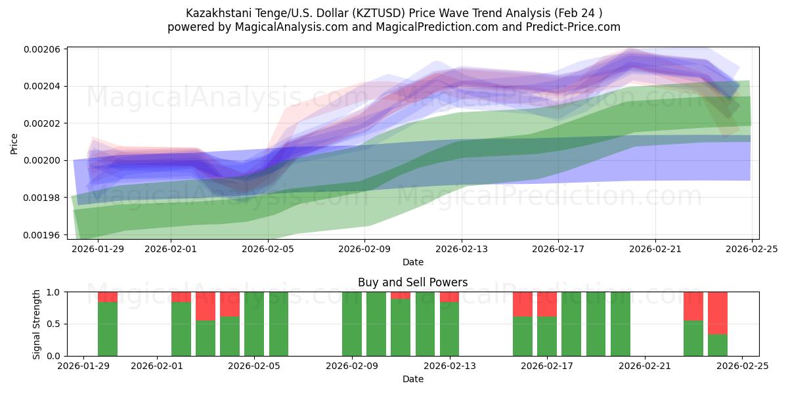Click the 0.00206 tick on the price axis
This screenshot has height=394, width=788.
point(42,49)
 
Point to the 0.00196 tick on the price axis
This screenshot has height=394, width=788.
point(42,234)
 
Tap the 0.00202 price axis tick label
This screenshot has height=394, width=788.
point(42,123)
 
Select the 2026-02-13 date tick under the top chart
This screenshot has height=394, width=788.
point(462,249)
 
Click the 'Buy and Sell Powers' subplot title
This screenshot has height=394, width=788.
point(412,282)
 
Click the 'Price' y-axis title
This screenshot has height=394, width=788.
point(14,142)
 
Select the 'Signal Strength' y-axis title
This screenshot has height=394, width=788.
point(37,324)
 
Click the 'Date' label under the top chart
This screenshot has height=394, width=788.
point(412,262)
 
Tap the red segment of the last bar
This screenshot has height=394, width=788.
point(717,313)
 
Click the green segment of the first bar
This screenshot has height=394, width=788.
point(108,328)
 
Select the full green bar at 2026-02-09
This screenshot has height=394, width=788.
point(352,324)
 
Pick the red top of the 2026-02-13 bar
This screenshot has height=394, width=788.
point(450,297)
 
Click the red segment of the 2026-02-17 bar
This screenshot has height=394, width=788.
point(547,304)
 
